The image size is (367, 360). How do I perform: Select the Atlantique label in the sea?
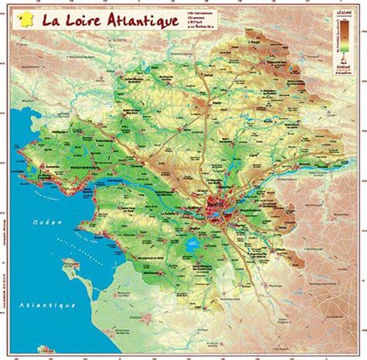point(48,305)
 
